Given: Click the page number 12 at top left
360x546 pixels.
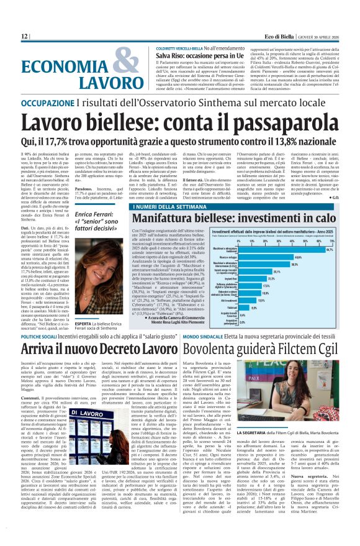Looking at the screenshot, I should click(x=24, y=37).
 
